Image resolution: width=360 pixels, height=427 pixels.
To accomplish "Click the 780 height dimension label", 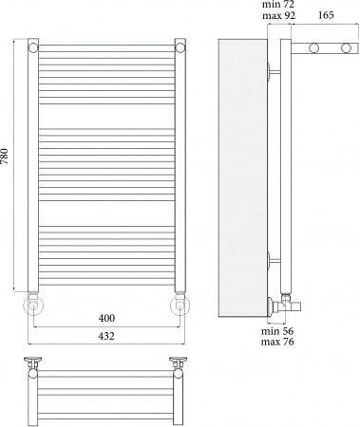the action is pos(5,156).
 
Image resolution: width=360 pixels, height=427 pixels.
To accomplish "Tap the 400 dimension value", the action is pos(106,318).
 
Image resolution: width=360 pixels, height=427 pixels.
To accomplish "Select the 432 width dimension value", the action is pos(106,336).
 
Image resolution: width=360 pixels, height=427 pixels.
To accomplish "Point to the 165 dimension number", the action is pos(325,15).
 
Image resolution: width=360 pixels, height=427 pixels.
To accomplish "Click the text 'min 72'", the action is pos(278,5).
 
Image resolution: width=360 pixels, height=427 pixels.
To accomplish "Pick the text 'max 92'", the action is pos(278,15).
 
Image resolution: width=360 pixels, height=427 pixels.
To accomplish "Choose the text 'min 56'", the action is pos(277,331).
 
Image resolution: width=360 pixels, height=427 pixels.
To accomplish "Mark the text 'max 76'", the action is pos(277,342).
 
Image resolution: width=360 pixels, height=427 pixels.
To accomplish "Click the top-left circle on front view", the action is pos(33,48).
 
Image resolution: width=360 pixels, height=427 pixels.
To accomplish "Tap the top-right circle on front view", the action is pos(180,48).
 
